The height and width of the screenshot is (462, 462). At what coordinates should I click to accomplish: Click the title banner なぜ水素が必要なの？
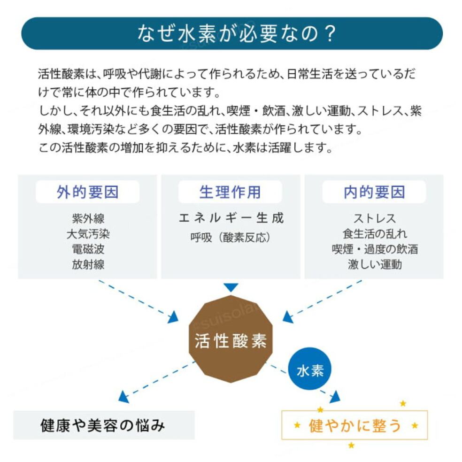(x=232, y=34)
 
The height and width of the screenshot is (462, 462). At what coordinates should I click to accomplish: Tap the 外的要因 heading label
(x=88, y=192)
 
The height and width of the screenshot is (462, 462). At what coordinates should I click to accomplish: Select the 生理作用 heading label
(x=230, y=192)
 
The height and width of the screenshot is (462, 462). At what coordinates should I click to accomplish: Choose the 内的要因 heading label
(x=374, y=192)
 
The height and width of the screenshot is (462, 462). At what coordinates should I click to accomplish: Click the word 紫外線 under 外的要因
(x=88, y=218)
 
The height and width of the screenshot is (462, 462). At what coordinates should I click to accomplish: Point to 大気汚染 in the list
(x=88, y=234)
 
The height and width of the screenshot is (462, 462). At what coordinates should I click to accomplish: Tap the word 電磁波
(x=88, y=249)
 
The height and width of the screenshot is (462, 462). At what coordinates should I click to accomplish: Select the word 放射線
(x=88, y=264)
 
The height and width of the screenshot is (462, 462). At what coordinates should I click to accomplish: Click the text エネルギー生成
(x=231, y=218)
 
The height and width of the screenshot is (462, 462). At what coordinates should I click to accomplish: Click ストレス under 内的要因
(x=374, y=218)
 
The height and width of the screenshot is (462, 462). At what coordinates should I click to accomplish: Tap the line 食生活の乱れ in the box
(x=374, y=234)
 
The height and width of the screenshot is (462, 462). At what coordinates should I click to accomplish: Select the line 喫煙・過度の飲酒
(x=374, y=249)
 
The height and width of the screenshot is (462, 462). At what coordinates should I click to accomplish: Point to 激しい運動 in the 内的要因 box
(x=374, y=264)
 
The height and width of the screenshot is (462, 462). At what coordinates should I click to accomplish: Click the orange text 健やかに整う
(x=355, y=425)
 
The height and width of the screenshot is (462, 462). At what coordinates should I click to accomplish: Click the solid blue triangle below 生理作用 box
(x=231, y=287)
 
